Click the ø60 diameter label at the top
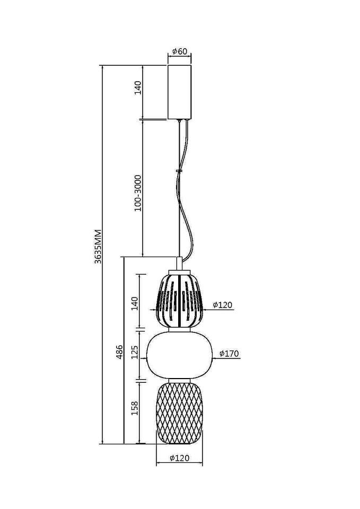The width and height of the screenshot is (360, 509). pos(180,51)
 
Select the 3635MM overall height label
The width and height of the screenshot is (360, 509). pos(98,247)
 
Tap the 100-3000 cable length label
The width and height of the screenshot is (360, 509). pos(138,193)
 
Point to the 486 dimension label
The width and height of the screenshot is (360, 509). pos(119,352)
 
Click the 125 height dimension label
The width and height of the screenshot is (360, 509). pos(135,352)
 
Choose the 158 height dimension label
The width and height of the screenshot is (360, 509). pos(135,408)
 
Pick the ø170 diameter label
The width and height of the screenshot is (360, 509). pos(229,354)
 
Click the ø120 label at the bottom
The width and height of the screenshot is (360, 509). pos(179,458)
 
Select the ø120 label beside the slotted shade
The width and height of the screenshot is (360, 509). pos(223,305)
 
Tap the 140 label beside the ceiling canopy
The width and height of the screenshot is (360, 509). pos(138,87)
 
